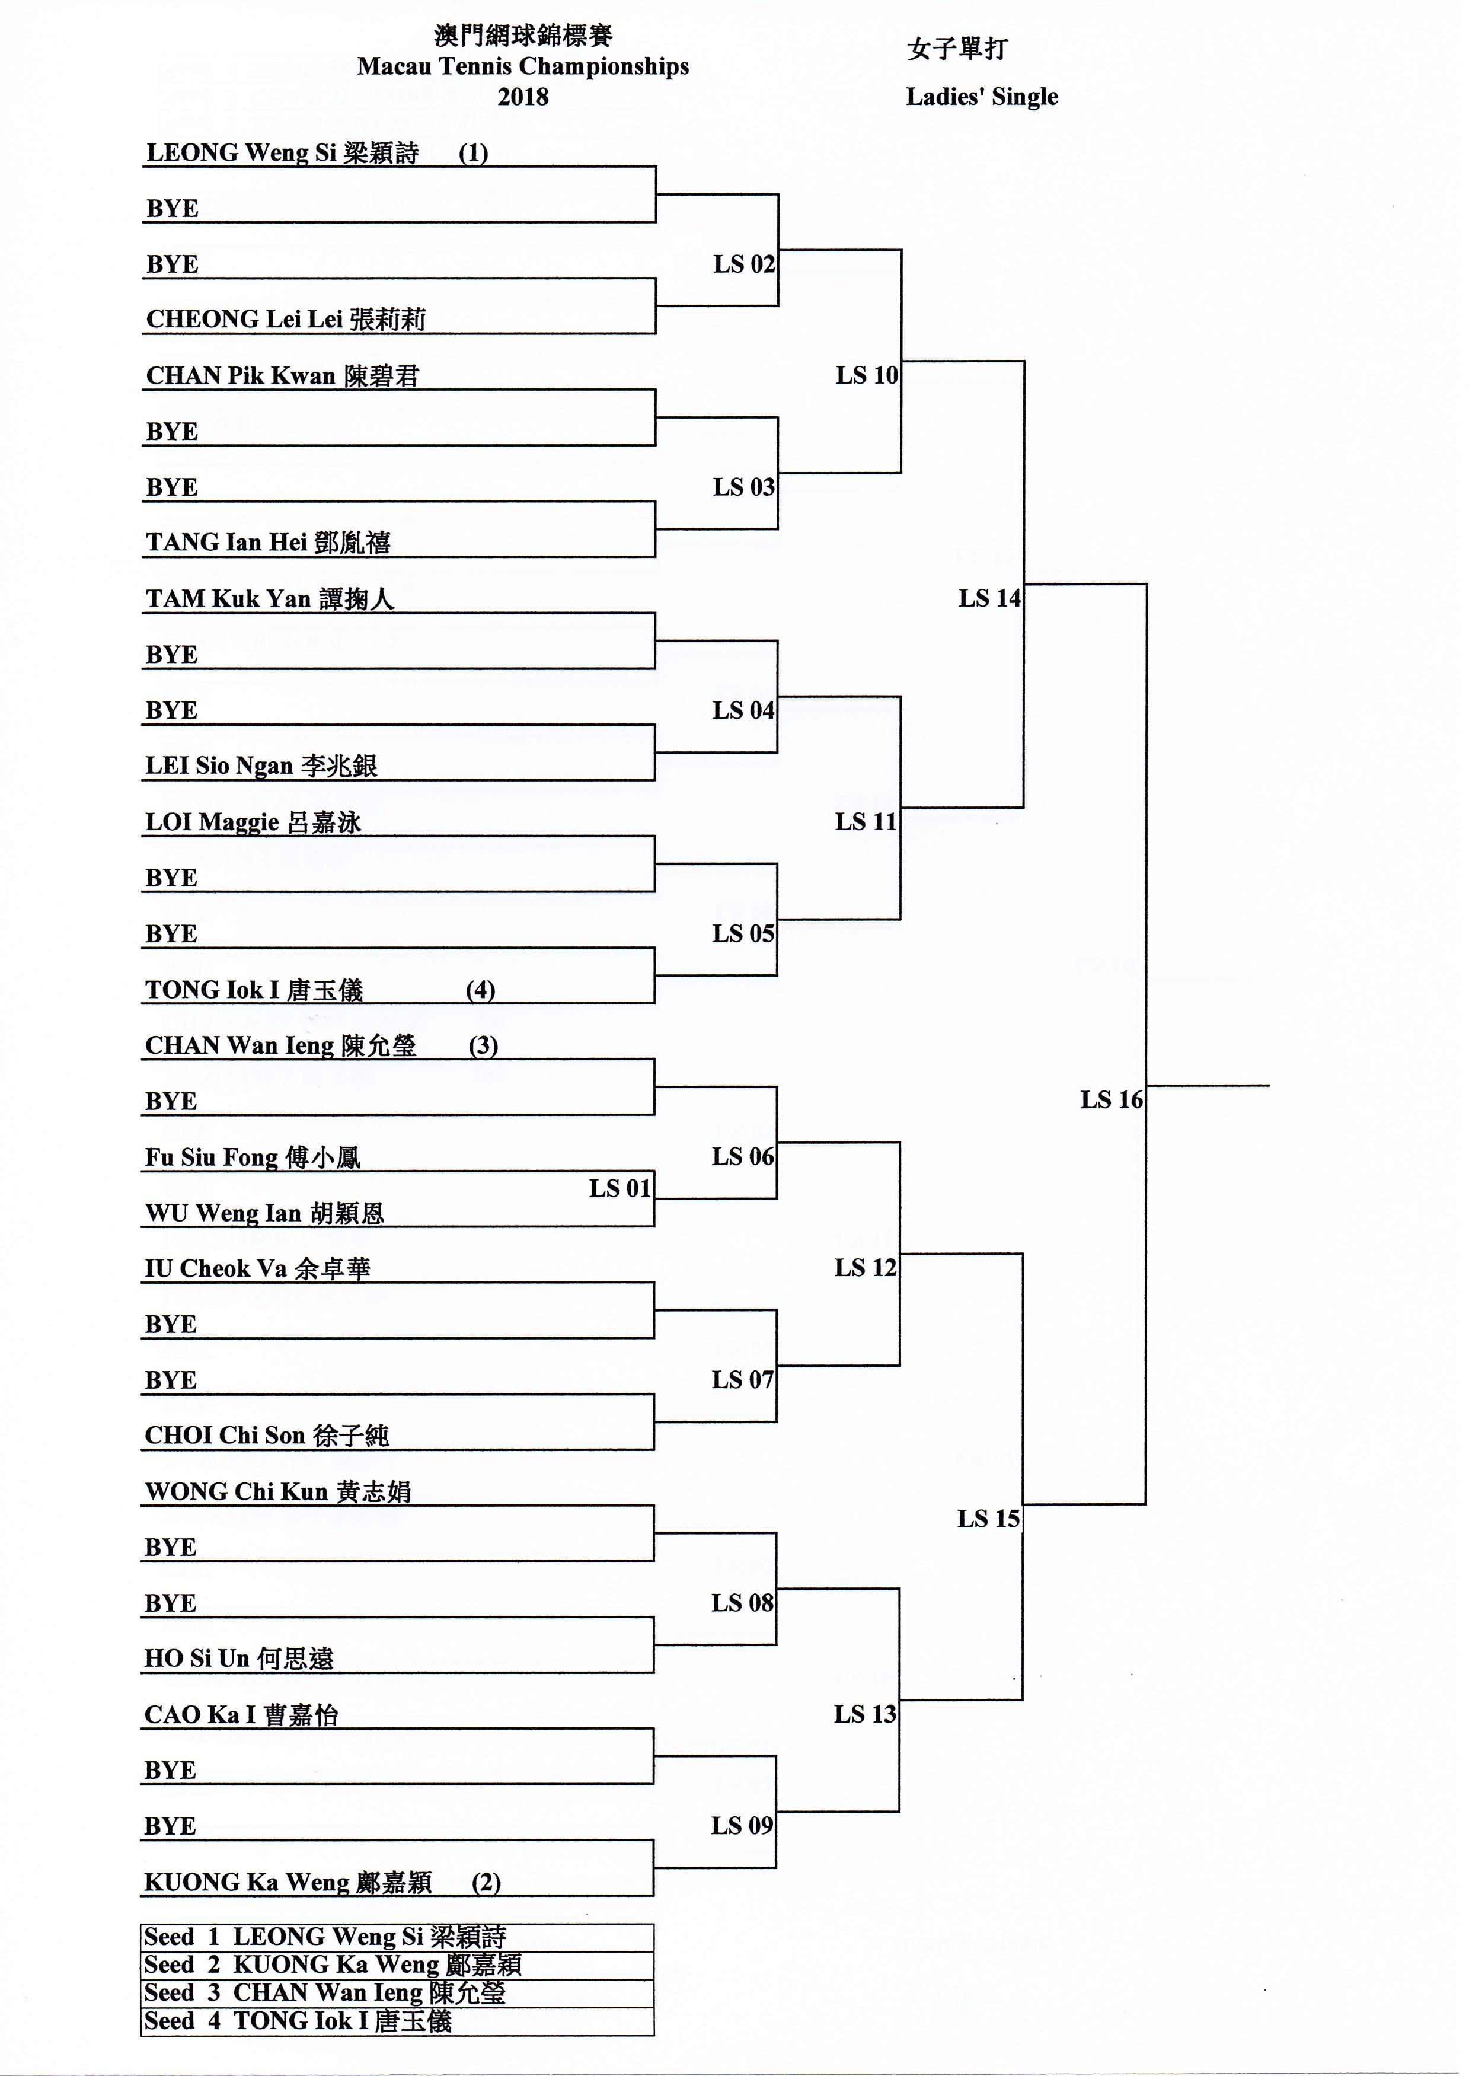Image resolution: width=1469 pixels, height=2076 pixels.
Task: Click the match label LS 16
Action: coord(1111,1100)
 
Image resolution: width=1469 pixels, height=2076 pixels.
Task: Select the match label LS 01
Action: coord(619,1188)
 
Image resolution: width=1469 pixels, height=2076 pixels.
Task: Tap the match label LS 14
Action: coord(989,598)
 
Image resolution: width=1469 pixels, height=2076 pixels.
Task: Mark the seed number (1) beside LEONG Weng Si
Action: coord(473,153)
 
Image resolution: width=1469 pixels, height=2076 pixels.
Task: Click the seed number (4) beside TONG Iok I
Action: coord(480,990)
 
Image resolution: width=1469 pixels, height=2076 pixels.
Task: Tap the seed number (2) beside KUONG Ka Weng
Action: coord(486,1883)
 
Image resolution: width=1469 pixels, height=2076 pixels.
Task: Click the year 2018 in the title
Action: coord(523,97)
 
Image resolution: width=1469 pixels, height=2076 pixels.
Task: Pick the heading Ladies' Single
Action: coord(982,97)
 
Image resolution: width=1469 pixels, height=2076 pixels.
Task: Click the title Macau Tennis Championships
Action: coord(523,66)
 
